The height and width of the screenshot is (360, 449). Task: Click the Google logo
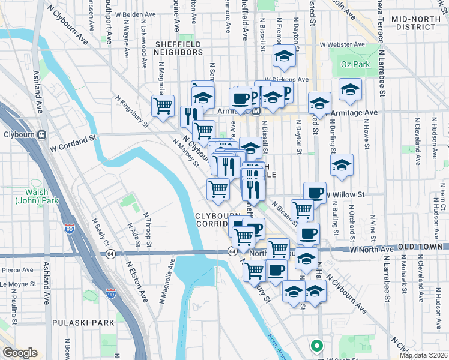pyautogui.click(x=20, y=353)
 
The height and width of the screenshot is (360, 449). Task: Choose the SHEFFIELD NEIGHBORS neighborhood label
pyautogui.click(x=178, y=48)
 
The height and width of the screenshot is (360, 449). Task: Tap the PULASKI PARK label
pyautogui.click(x=82, y=323)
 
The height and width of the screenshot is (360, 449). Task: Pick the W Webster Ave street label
pyautogui.click(x=342, y=44)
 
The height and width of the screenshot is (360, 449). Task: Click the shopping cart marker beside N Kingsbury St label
pyautogui.click(x=163, y=106)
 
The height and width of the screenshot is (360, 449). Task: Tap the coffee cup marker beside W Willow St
pyautogui.click(x=315, y=193)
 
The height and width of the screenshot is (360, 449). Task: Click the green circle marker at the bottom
pyautogui.click(x=316, y=346)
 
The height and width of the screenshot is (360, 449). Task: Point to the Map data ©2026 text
pyautogui.click(x=423, y=355)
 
